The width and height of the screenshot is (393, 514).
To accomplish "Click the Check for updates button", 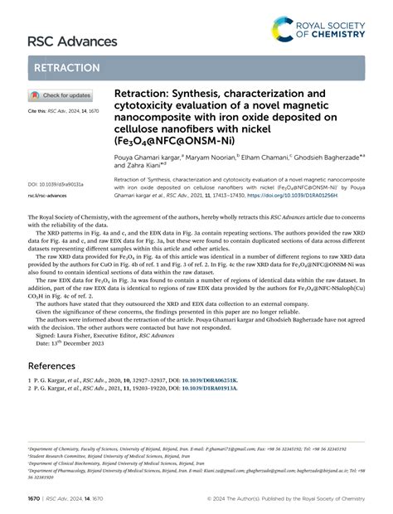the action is point(61,95).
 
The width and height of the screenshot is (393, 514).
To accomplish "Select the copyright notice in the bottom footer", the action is point(291,499).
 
